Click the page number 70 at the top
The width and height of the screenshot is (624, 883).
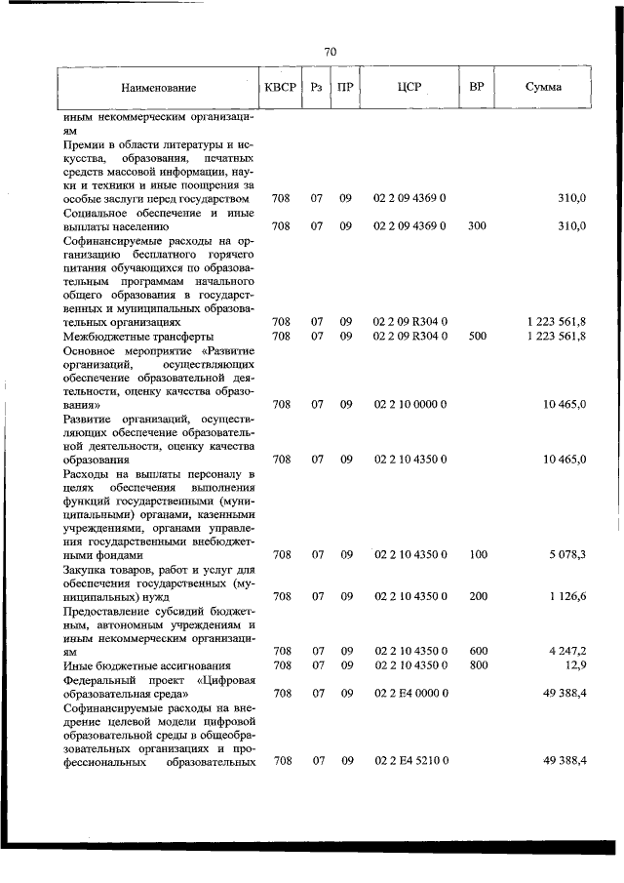pos(330,52)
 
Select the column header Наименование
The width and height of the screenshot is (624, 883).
pos(158,88)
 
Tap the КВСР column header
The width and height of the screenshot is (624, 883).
pos(280,87)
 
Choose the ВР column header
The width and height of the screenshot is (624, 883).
pos(477,87)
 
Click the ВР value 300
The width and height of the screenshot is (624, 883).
pos(477,226)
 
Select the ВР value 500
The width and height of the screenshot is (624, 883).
pos(477,336)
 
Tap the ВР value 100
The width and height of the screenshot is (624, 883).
pos(477,554)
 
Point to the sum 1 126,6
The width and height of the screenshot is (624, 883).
pos(566,596)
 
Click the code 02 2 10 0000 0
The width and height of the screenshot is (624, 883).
pos(409,404)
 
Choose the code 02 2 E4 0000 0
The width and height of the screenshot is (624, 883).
pos(409,693)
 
